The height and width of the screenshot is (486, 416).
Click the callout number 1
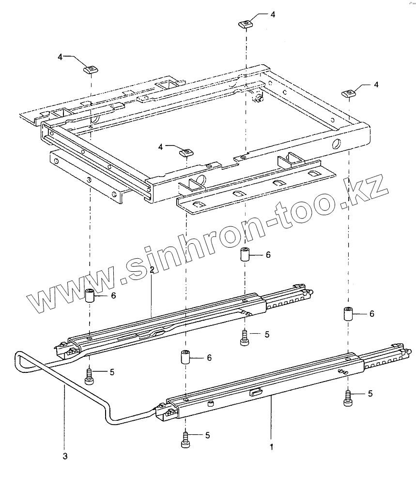pos(272,447)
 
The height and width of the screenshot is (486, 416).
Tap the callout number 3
pos(65,456)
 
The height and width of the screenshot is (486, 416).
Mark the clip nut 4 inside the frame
pos(186,153)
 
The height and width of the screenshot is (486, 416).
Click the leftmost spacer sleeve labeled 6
pos(90,295)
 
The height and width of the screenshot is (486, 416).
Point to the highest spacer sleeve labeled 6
pos(246,254)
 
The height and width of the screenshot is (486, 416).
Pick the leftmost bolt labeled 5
pos(90,375)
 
